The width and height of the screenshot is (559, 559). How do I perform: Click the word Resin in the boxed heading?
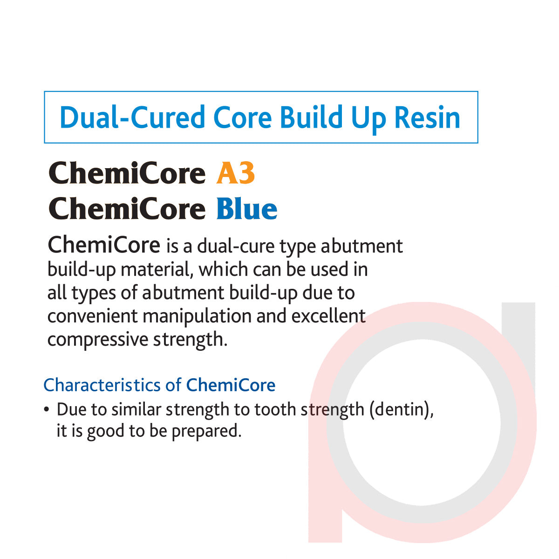pyautogui.click(x=427, y=117)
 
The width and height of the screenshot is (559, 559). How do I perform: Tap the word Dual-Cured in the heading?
pyautogui.click(x=132, y=117)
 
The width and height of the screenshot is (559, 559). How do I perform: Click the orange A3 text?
pyautogui.click(x=236, y=174)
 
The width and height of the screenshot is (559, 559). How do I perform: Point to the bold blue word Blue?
pyautogui.click(x=247, y=209)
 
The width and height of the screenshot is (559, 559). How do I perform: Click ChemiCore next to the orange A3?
pyautogui.click(x=127, y=174)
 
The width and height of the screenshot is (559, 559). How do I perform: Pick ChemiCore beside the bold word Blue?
pyautogui.click(x=127, y=209)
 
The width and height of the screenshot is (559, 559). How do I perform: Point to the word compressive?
pyautogui.click(x=97, y=340)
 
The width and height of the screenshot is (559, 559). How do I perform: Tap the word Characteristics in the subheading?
pyautogui.click(x=102, y=385)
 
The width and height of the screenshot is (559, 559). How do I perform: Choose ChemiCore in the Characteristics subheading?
pyautogui.click(x=231, y=385)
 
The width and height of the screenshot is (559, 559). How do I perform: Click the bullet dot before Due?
pyautogui.click(x=46, y=410)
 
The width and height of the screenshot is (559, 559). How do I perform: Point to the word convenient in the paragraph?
pyautogui.click(x=93, y=316)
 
